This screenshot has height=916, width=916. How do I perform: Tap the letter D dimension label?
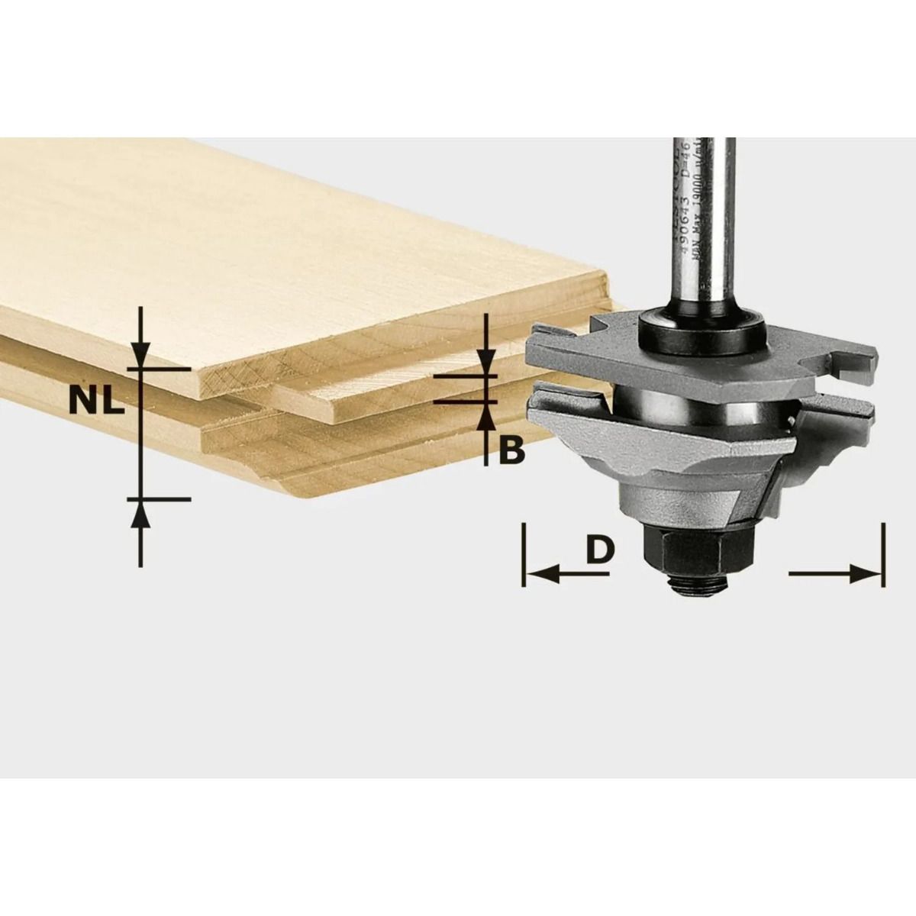[x=601, y=549]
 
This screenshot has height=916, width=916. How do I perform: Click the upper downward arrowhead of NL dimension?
[x=139, y=353]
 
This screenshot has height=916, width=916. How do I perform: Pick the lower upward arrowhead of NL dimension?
[x=139, y=515]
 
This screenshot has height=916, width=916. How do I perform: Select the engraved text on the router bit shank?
[x=691, y=206]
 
